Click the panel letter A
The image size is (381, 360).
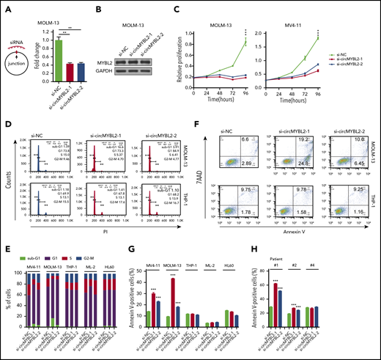coord(7,7)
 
